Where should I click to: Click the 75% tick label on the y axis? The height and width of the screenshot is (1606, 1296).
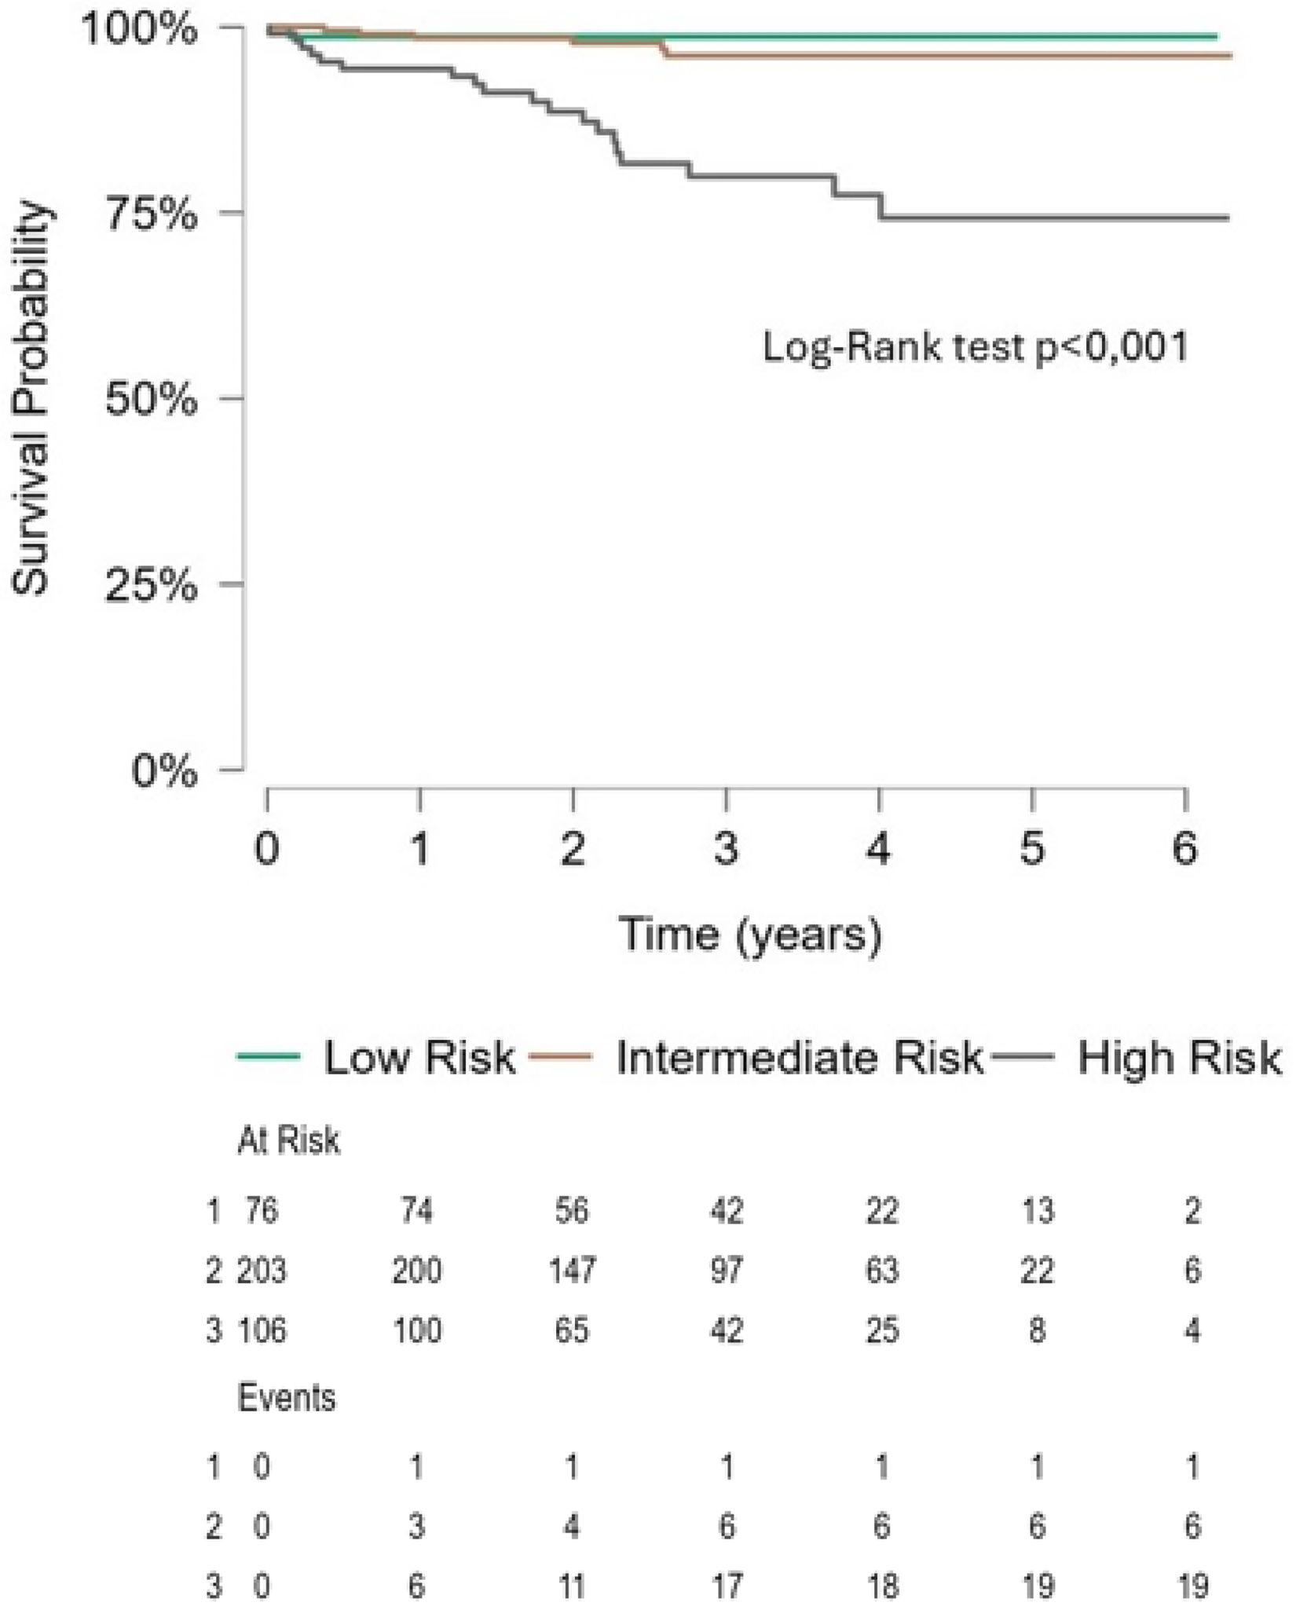[x=151, y=214]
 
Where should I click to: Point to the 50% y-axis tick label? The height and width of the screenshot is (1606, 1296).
[x=151, y=400]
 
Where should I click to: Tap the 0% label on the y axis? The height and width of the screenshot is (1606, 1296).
[x=163, y=770]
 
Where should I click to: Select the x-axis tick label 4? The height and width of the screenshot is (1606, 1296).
[x=880, y=849]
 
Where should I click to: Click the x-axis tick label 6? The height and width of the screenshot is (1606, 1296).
[x=1185, y=849]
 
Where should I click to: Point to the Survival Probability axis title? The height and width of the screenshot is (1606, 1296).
[x=31, y=400]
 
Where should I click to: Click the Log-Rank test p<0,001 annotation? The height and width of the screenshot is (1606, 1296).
[x=976, y=346]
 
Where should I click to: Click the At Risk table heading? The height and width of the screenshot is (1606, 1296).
[x=288, y=1141]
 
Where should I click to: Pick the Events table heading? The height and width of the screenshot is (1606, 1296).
[x=287, y=1399]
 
